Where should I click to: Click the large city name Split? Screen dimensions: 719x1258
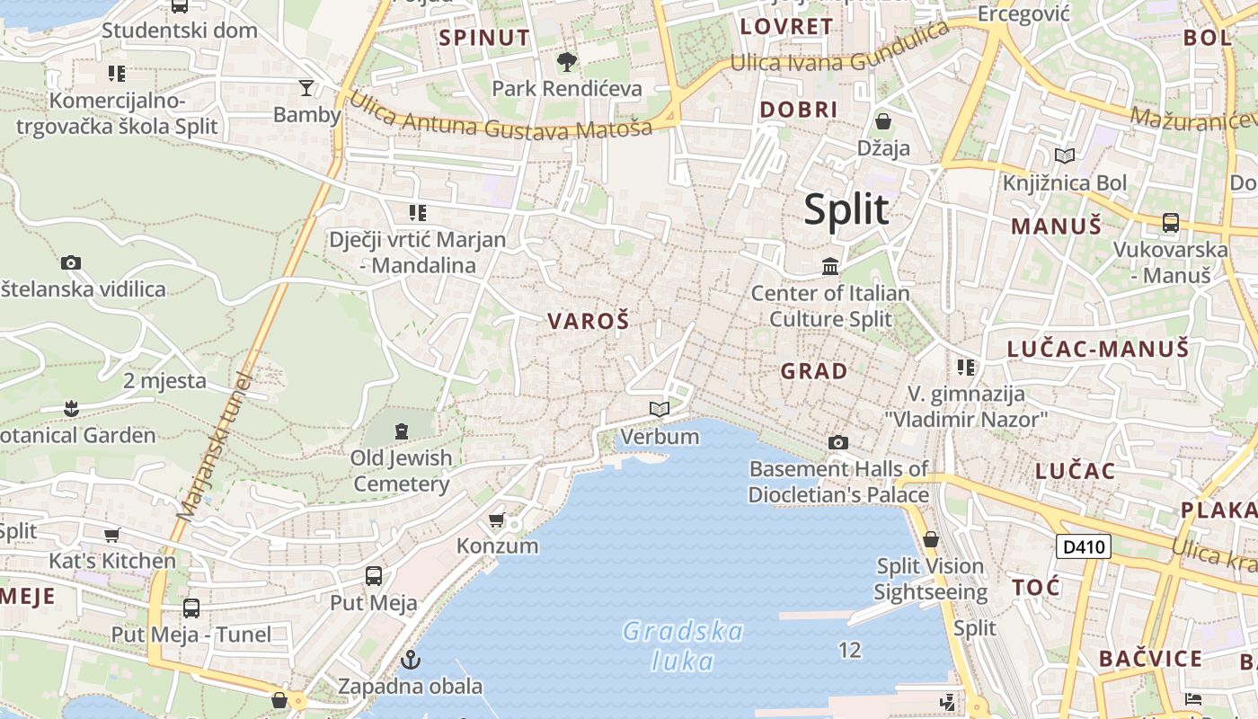pyautogui.click(x=846, y=209)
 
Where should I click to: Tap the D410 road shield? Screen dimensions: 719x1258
pyautogui.click(x=1083, y=546)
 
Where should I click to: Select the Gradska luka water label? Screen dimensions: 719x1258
pyautogui.click(x=683, y=646)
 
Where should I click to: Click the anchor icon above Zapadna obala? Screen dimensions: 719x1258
pyautogui.click(x=411, y=660)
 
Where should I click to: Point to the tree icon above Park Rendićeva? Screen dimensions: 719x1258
pyautogui.click(x=566, y=62)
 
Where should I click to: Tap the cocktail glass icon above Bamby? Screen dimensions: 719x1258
pyautogui.click(x=306, y=87)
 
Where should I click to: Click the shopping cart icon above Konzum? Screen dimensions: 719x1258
pyautogui.click(x=496, y=519)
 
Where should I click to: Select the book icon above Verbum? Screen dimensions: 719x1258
pyautogui.click(x=660, y=410)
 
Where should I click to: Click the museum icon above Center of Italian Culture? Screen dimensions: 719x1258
pyautogui.click(x=830, y=266)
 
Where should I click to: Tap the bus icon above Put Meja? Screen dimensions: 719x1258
pyautogui.click(x=374, y=576)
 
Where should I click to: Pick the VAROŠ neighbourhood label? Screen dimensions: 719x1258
pyautogui.click(x=589, y=321)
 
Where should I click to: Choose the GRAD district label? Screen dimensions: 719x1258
pyautogui.click(x=813, y=371)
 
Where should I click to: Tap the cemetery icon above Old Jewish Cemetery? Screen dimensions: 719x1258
pyautogui.click(x=401, y=431)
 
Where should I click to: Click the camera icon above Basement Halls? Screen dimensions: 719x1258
pyautogui.click(x=838, y=442)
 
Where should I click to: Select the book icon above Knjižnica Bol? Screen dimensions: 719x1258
pyautogui.click(x=1065, y=156)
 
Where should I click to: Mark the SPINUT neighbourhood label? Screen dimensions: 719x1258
pyautogui.click(x=484, y=38)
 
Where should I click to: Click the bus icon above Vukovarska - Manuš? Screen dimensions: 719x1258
pyautogui.click(x=1170, y=222)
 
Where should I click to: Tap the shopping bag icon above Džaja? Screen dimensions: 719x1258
pyautogui.click(x=883, y=121)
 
